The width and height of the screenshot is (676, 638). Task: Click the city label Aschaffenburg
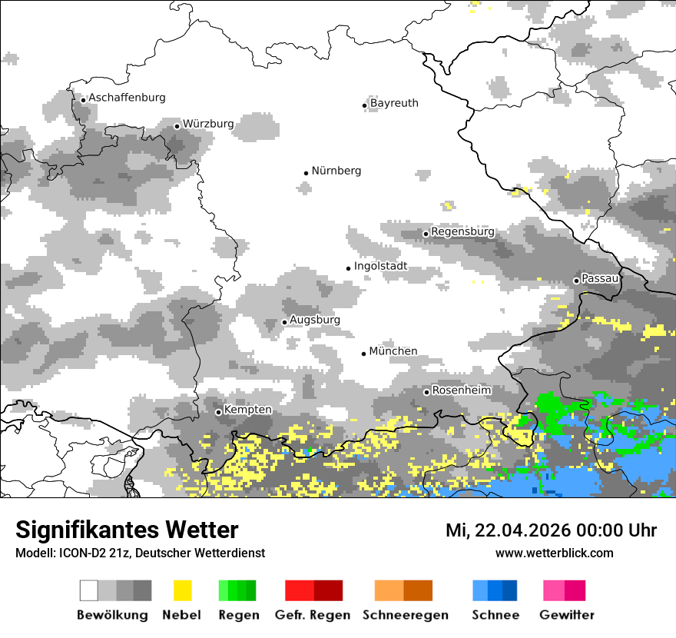[x=127, y=98]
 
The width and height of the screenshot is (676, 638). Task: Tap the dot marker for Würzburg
[x=177, y=126]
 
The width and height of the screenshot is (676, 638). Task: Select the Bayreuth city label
[x=394, y=103]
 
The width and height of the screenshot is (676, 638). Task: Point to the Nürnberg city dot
[x=306, y=173]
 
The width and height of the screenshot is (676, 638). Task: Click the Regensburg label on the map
[x=462, y=231]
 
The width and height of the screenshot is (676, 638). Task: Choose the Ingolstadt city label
[x=381, y=267]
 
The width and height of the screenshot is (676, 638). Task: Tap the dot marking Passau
[x=576, y=281]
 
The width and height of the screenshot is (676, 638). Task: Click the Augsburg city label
[x=315, y=320]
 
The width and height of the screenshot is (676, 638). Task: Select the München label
[x=393, y=351]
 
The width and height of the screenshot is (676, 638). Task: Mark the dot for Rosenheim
[x=426, y=392]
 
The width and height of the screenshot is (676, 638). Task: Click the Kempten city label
[x=247, y=410]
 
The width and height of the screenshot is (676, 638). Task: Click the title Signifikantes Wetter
[x=127, y=530]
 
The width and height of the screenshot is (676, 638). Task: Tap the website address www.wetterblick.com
[x=554, y=553]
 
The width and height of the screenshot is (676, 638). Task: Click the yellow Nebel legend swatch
[x=182, y=590]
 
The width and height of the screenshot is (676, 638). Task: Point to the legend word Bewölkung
[x=112, y=615]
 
